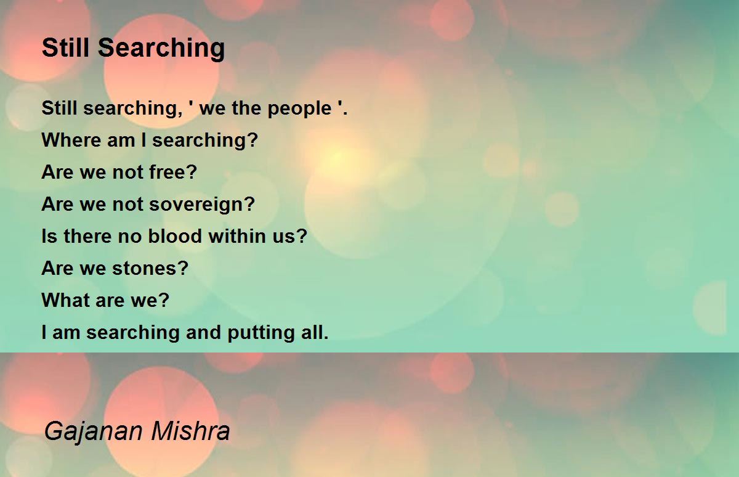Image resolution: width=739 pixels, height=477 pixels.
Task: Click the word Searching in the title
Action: point(161,49)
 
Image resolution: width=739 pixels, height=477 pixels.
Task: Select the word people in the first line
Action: point(299,109)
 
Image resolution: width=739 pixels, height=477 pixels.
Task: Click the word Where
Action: point(71,140)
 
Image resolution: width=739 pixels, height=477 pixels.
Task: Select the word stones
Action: point(145,268)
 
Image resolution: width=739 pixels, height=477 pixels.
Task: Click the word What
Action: point(66,300)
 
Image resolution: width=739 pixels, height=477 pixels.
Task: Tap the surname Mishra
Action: point(190,430)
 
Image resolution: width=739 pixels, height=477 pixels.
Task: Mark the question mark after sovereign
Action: point(250,203)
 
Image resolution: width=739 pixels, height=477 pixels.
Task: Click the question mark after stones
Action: point(184,267)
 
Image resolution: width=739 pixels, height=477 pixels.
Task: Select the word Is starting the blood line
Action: point(49,236)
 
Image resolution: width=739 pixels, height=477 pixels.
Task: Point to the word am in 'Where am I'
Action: point(121,141)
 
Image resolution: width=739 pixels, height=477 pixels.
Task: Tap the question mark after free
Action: point(192,172)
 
